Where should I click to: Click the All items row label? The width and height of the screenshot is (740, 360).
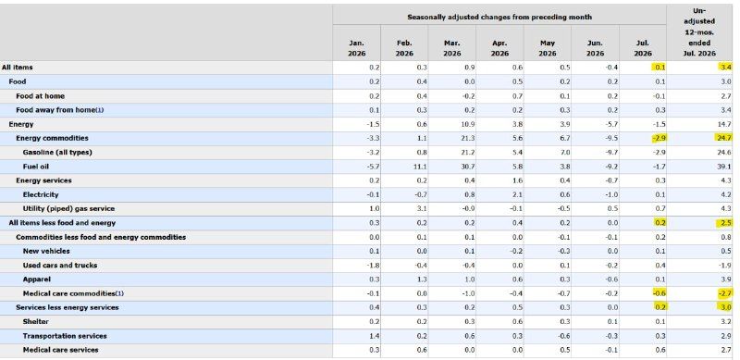click(x=17, y=68)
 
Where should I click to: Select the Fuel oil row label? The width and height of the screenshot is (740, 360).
click(x=35, y=167)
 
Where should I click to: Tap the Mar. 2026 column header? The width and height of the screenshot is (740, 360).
click(x=451, y=48)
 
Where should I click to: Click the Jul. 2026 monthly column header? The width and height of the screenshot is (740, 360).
click(x=642, y=48)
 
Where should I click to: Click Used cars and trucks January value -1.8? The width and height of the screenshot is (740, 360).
click(x=373, y=265)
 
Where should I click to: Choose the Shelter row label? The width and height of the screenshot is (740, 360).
click(x=35, y=322)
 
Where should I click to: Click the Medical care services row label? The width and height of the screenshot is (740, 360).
click(x=60, y=350)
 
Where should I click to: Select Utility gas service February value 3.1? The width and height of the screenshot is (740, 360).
click(x=422, y=208)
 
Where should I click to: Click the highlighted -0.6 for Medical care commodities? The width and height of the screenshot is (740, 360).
click(x=659, y=293)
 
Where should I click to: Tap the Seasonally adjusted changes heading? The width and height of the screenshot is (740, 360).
click(x=499, y=17)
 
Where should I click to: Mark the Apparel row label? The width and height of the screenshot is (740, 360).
click(x=36, y=279)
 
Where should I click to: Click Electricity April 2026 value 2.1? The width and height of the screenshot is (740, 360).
click(x=517, y=194)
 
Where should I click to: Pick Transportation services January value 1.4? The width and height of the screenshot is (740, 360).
click(x=375, y=336)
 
